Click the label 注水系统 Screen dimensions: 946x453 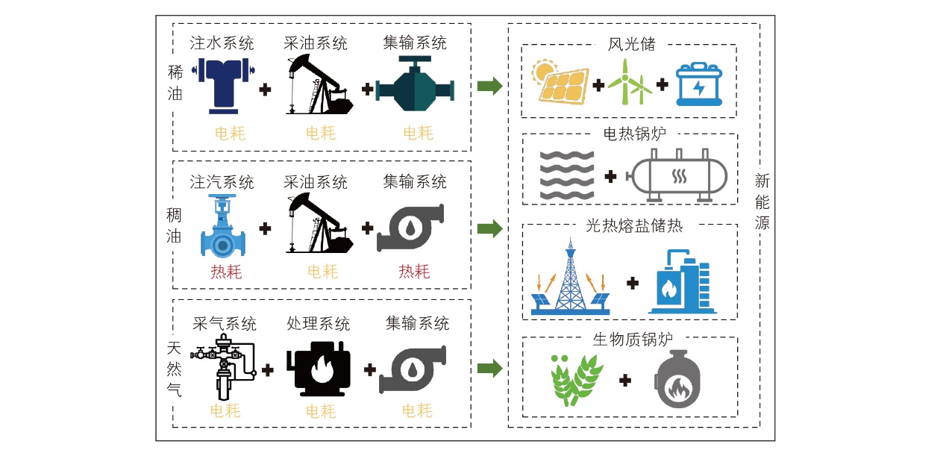coord(222,43)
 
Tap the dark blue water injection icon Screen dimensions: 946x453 coord(223,86)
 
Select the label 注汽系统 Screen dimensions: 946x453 coord(222,182)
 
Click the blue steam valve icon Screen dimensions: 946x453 coord(223,226)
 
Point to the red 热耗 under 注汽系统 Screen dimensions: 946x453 coord(226,272)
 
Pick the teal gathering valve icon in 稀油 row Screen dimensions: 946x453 coord(415,84)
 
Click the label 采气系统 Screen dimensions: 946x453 coord(225,324)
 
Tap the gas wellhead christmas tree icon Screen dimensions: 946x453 coord(223,366)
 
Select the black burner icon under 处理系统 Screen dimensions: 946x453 coord(319,369)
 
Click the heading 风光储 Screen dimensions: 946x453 coord(631,44)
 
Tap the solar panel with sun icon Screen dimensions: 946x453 coord(560,82)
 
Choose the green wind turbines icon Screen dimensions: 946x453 coord(630,81)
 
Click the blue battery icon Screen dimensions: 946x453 coord(699,84)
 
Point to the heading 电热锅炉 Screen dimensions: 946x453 coord(634,134)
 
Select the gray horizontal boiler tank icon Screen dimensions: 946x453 coord(677,175)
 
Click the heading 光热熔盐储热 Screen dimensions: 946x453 coord(634,225)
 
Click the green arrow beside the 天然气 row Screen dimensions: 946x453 coord(490,368)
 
